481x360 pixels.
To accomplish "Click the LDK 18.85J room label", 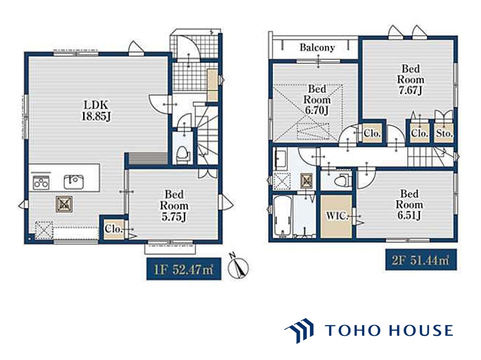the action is pyautogui.click(x=96, y=110).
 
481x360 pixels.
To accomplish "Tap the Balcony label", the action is pyautogui.click(x=317, y=48).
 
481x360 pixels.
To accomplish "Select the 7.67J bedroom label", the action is pyautogui.click(x=410, y=79).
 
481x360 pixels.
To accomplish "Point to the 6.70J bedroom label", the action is pyautogui.click(x=317, y=100).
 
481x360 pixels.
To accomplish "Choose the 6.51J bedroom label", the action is pyautogui.click(x=409, y=205).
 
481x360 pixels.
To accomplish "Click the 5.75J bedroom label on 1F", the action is pyautogui.click(x=174, y=206).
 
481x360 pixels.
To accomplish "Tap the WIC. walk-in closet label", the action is pyautogui.click(x=337, y=216).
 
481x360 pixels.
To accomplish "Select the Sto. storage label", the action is pyautogui.click(x=444, y=134).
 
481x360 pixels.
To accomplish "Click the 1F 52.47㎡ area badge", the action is pyautogui.click(x=184, y=269).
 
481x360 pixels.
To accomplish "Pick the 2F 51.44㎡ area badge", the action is pyautogui.click(x=421, y=260).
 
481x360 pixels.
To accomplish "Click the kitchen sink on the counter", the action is pyautogui.click(x=74, y=182).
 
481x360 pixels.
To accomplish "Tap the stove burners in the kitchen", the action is pyautogui.click(x=41, y=182).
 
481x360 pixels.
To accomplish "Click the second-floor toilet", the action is pyautogui.click(x=342, y=180).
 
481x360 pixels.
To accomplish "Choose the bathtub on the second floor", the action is pyautogui.click(x=282, y=217).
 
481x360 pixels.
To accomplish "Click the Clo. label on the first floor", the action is pyautogui.click(x=113, y=229).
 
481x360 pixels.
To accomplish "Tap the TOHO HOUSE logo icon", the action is pyautogui.click(x=299, y=330).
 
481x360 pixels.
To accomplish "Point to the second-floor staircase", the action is pyautogui.click(x=431, y=156).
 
